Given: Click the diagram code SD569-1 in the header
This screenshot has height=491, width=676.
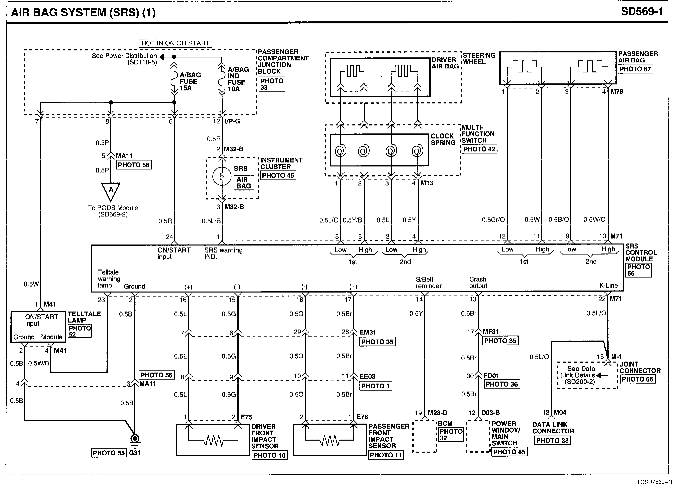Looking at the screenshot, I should (x=642, y=12).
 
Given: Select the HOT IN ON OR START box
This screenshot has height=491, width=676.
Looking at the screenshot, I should (x=175, y=43).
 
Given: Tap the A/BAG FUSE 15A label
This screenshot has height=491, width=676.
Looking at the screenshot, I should (x=188, y=81).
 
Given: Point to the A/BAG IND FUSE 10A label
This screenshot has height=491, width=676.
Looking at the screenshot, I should (x=238, y=79).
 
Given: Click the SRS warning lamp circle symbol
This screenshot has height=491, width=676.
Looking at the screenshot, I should (x=222, y=176).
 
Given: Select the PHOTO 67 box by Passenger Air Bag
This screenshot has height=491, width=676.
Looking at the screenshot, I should (x=635, y=69).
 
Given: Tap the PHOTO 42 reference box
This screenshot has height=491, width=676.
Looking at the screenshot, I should (x=479, y=149).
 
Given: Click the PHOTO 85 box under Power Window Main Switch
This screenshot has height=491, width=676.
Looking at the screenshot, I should (x=509, y=452).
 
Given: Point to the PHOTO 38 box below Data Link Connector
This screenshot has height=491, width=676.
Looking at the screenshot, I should (x=552, y=441).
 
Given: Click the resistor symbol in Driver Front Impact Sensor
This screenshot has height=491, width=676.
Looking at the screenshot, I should (x=213, y=441).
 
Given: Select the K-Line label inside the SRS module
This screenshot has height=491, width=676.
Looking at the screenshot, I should (x=608, y=286).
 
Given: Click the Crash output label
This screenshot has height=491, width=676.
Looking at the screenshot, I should (x=478, y=283).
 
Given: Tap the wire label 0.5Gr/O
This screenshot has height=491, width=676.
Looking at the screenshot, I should (x=493, y=220).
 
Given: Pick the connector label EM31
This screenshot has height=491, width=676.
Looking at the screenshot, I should (x=368, y=332).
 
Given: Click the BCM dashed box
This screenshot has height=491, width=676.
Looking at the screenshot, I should (x=424, y=436).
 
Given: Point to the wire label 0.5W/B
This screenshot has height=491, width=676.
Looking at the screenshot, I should (x=39, y=363).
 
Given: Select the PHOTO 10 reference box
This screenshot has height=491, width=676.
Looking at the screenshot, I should (x=269, y=455).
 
